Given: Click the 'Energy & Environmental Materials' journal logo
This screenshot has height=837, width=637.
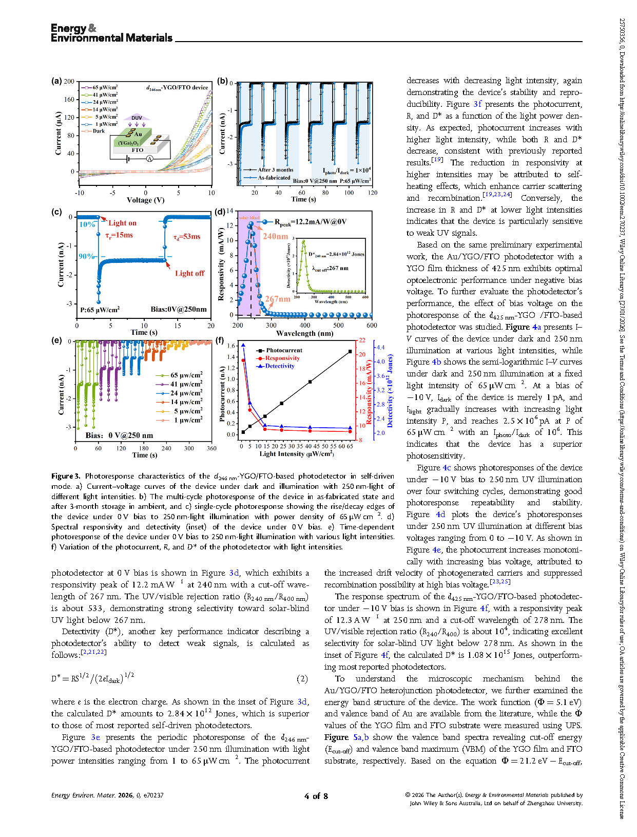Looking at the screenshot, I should pyautogui.click(x=111, y=33).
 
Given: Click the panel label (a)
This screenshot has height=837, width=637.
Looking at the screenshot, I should pyautogui.click(x=56, y=81).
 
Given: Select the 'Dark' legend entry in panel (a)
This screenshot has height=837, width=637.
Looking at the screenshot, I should pyautogui.click(x=99, y=131).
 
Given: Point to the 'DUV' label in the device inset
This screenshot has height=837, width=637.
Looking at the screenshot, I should pyautogui.click(x=137, y=118).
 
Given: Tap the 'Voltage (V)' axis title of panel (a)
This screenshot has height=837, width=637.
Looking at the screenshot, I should pyautogui.click(x=145, y=200).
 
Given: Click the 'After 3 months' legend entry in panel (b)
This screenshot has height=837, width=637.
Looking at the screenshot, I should pyautogui.click(x=276, y=170).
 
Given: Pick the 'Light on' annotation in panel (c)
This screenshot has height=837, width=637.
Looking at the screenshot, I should pyautogui.click(x=122, y=223).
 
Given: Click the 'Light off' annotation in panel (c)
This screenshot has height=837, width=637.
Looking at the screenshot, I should pyautogui.click(x=189, y=273).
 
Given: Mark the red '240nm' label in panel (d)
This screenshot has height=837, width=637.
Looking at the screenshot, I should pyautogui.click(x=275, y=236).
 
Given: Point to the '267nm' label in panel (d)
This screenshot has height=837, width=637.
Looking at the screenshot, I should pyautogui.click(x=278, y=299).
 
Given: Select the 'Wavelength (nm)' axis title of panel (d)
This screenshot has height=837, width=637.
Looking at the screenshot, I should pyautogui.click(x=304, y=333).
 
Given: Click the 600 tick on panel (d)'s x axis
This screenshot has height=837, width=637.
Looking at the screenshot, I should pyautogui.click(x=372, y=325).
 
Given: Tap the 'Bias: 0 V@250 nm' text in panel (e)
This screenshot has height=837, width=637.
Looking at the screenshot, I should pyautogui.click(x=120, y=435).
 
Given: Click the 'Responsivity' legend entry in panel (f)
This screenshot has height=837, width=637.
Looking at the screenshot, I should pyautogui.click(x=282, y=358).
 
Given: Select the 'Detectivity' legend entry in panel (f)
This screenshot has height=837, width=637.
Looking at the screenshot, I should pyautogui.click(x=280, y=366).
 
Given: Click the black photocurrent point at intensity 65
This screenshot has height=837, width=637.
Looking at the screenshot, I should pyautogui.click(x=350, y=352).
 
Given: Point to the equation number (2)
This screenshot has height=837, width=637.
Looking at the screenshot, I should pyautogui.click(x=302, y=679).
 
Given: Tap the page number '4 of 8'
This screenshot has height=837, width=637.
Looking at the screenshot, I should pyautogui.click(x=316, y=796).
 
